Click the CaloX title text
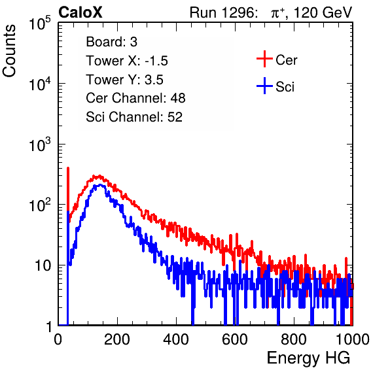click(80, 12)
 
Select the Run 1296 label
click(223, 12)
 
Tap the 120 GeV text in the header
click(323, 12)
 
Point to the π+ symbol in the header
click(277, 12)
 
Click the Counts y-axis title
click(9, 51)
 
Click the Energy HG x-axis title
click(308, 358)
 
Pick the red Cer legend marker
click(264, 59)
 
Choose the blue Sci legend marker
click(264, 86)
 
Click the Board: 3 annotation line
click(111, 42)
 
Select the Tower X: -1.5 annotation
click(127, 61)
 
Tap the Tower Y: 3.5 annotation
click(124, 80)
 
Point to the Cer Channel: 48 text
click(135, 98)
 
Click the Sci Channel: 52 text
click(134, 117)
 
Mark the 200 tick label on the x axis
click(117, 339)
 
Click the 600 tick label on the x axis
click(235, 339)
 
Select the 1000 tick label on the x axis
click(353, 339)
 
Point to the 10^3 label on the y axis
click(40, 144)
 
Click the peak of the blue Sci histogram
click(100, 185)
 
